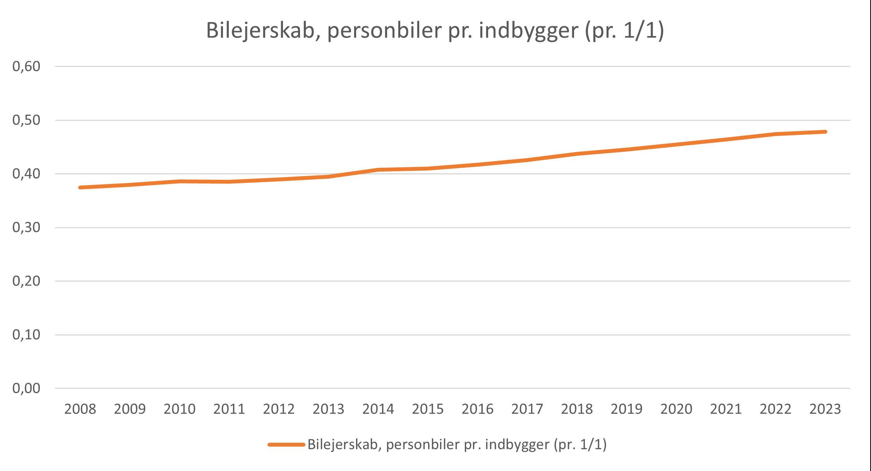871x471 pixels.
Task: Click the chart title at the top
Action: [x=435, y=31]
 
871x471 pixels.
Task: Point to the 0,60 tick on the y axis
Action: [x=26, y=67]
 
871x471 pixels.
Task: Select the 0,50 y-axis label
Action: [x=26, y=120]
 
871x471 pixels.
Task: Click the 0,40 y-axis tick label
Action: [x=26, y=174]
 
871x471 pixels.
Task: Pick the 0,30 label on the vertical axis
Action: [x=26, y=227]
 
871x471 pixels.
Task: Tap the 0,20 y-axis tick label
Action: [x=26, y=281]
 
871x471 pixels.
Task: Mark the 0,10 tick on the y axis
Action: [x=26, y=335]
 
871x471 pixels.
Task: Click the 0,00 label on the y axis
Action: [x=26, y=388]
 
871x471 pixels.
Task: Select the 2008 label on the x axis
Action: [x=80, y=409]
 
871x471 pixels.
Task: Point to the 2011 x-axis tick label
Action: [x=229, y=409]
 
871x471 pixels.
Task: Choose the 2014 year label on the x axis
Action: [x=378, y=409]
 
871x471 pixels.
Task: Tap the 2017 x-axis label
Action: [x=527, y=409]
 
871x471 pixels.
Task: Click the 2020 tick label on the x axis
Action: [x=676, y=409]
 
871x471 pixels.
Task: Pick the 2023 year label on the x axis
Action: [x=825, y=409]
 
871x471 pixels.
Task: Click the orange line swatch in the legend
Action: [x=286, y=445]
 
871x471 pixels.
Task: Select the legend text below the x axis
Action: [x=457, y=445]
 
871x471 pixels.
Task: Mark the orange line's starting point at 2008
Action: [x=80, y=187]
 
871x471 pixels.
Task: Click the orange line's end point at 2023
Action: [x=825, y=132]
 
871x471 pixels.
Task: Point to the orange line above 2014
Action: [x=378, y=170]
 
